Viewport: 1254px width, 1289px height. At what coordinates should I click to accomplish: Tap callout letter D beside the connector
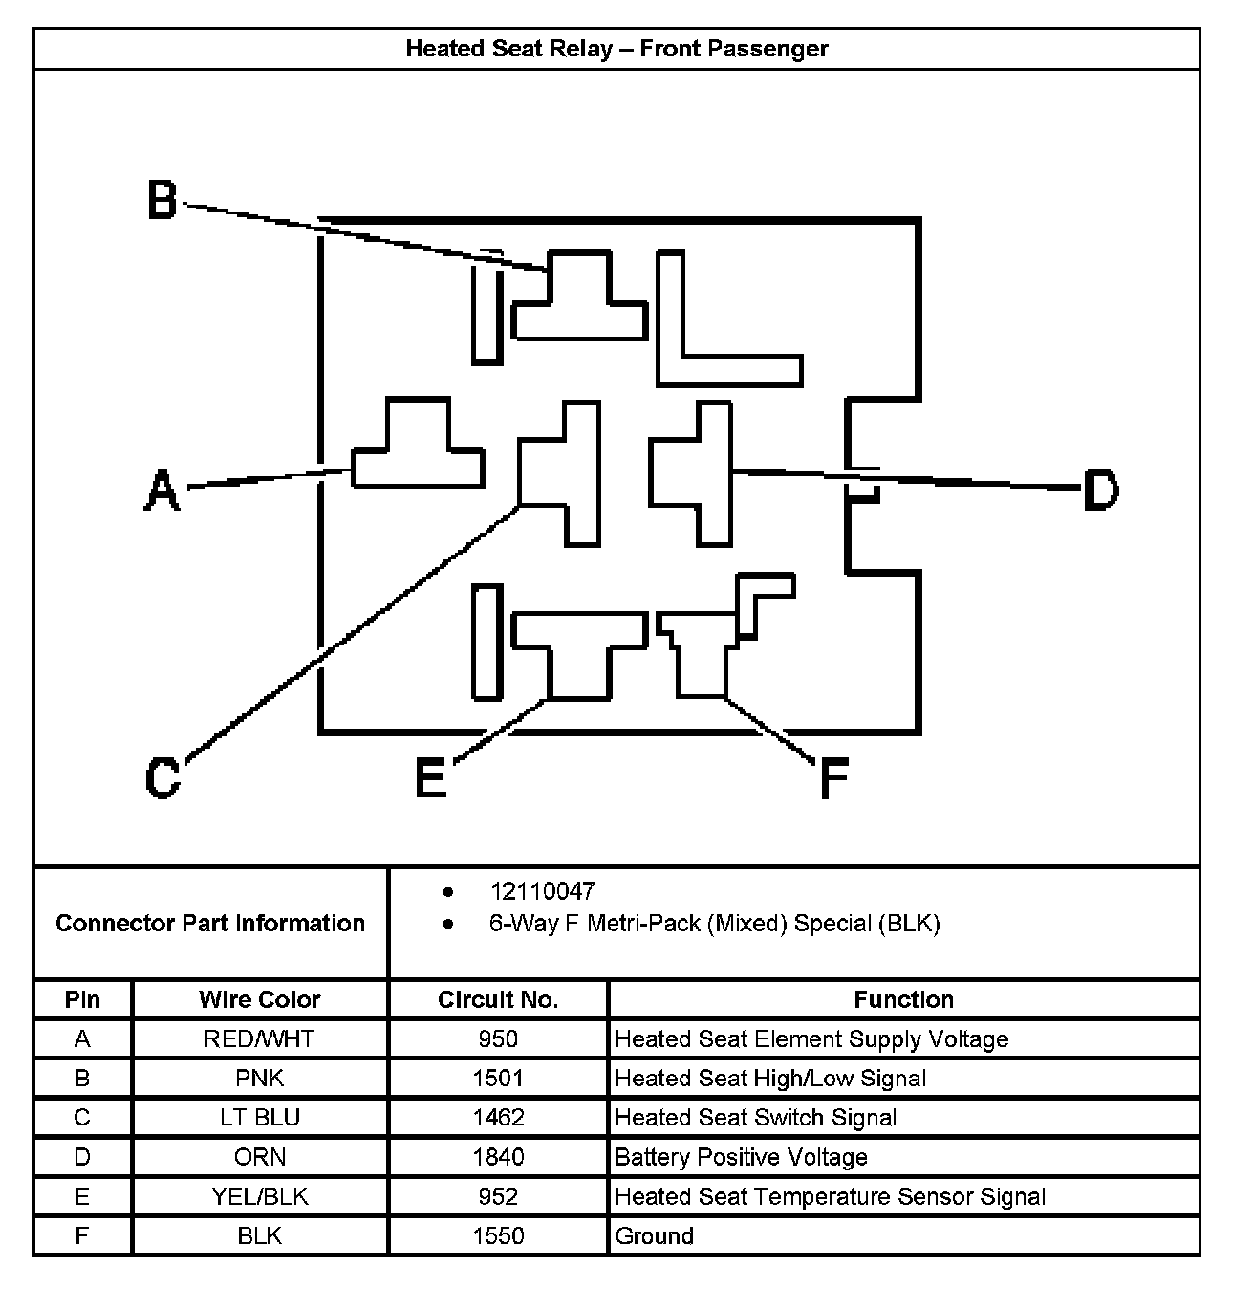coord(1100,490)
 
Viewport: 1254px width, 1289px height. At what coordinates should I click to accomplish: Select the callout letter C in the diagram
coord(162,776)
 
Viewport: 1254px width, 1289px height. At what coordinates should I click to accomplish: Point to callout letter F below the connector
coord(833,777)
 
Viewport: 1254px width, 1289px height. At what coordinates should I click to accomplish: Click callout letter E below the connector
coord(431,777)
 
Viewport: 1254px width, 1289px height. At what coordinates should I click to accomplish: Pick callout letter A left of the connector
coord(162,491)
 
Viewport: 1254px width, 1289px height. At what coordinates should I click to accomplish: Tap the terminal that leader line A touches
coord(418,464)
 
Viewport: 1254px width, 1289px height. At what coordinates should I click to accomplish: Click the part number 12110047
coord(542,891)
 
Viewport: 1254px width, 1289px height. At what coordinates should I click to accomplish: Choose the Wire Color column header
coord(260,999)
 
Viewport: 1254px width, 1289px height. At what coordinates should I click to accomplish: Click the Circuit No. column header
coord(498,999)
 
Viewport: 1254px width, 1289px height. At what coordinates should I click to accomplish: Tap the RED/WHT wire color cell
coord(260,1039)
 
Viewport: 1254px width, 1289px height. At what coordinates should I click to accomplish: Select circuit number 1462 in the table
coord(498,1118)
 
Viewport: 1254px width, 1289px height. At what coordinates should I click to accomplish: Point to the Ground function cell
coord(655,1235)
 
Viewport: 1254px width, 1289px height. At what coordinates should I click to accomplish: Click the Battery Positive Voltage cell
coord(741,1157)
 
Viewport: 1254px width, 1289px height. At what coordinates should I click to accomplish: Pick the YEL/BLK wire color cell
coord(260,1196)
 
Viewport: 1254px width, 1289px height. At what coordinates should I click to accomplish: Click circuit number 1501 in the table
coord(498,1079)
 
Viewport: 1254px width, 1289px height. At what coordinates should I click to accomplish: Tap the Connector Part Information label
coord(210,923)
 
